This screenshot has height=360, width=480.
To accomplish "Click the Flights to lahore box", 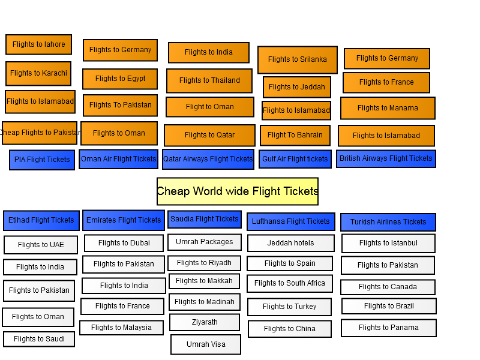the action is click(38, 44).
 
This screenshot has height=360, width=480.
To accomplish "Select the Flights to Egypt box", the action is click(120, 79).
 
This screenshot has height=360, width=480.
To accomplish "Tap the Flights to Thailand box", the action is click(209, 80).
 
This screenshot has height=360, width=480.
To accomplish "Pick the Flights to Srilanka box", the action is click(298, 59).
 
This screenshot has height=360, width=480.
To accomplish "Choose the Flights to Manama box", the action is click(388, 108).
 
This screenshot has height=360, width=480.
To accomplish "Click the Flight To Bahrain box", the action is click(295, 135).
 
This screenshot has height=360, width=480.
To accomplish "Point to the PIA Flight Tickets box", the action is click(42, 160).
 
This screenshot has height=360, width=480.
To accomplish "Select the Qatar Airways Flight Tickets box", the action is click(208, 159).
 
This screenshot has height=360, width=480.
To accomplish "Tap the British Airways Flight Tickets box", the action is click(386, 158).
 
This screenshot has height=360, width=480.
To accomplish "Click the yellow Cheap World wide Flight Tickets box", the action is click(238, 191).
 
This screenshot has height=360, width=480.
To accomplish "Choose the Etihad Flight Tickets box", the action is click(41, 220).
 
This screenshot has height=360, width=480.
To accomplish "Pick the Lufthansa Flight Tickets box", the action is click(291, 221).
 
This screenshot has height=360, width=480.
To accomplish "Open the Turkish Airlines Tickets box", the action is click(388, 222).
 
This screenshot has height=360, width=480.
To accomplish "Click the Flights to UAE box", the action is click(41, 245).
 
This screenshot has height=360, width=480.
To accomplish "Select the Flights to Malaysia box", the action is click(122, 328).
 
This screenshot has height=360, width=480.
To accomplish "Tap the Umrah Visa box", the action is click(206, 344).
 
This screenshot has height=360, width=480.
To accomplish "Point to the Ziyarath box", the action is click(205, 322).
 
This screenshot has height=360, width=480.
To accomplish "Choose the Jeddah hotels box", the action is click(291, 243).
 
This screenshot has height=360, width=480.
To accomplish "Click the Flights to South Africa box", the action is click(290, 283).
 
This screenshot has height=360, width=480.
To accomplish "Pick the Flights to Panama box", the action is click(389, 328).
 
